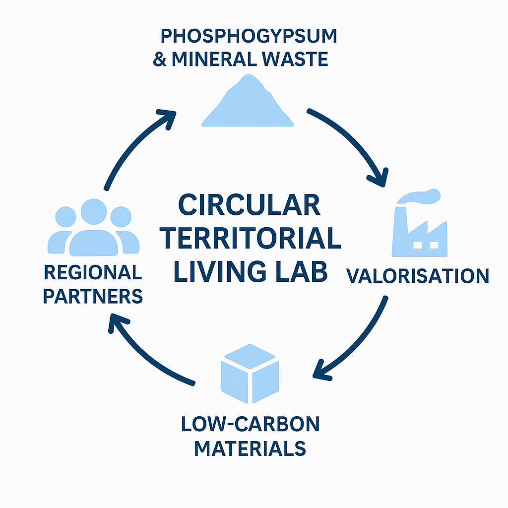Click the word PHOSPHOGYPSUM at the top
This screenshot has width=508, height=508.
(x=249, y=37)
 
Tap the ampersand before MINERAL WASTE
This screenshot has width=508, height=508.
(x=159, y=60)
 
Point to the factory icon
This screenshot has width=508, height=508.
(x=419, y=231)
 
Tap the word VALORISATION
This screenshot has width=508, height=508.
(x=418, y=276)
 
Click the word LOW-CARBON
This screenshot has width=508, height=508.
(x=250, y=425)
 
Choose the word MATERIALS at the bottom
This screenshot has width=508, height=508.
(x=250, y=448)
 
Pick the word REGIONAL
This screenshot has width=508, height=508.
(x=93, y=272)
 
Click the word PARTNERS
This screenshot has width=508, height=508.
(x=93, y=296)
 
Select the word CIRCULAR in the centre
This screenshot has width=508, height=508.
(x=250, y=205)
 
